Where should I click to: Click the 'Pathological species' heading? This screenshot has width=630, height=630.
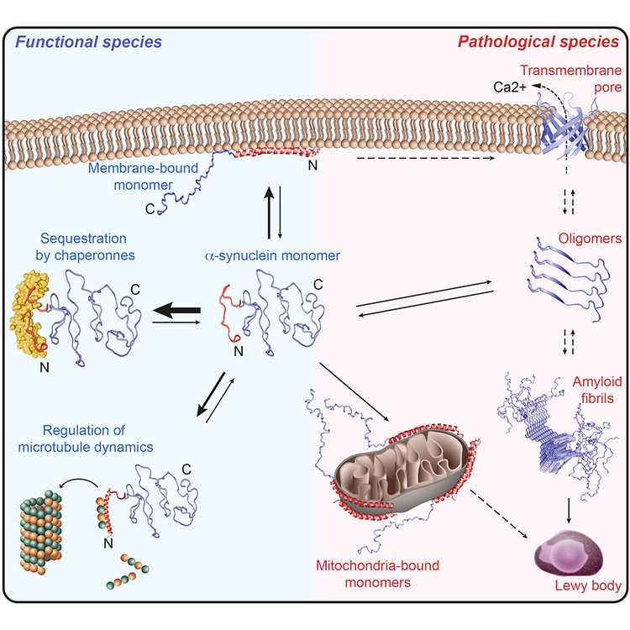538,41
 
